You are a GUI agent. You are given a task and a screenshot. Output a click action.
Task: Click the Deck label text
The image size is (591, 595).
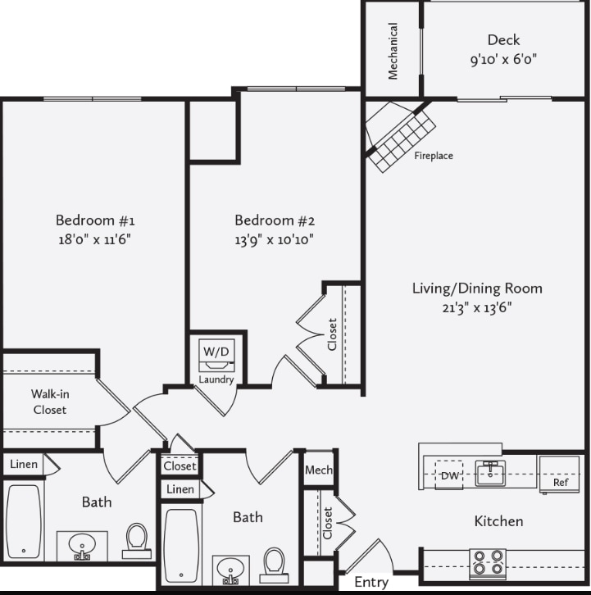point(503,40)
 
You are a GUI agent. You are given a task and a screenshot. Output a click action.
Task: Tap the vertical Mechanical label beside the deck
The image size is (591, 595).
point(393,51)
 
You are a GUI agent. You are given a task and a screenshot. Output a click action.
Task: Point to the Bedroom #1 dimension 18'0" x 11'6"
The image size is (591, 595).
point(94,239)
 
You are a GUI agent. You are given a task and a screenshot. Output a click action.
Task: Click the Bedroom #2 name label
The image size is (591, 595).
point(275,220)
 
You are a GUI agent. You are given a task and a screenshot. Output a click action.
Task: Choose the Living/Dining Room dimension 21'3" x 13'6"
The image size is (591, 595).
point(476,307)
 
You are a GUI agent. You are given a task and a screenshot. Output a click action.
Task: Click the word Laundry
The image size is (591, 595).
point(216,379)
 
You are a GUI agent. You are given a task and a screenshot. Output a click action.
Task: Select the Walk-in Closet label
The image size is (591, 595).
point(50,402)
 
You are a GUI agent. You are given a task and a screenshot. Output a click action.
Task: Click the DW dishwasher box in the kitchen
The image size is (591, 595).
point(449,475)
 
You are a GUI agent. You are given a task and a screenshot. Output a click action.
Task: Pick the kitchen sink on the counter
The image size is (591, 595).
point(490,473)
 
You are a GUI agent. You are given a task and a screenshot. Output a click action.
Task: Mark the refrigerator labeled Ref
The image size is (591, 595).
point(560,475)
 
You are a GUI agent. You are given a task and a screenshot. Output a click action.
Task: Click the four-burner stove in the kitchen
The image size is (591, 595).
point(487,564)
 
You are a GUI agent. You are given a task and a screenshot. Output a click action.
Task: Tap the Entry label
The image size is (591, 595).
point(371,583)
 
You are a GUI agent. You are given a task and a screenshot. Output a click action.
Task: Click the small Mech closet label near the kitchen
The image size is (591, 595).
point(318,470)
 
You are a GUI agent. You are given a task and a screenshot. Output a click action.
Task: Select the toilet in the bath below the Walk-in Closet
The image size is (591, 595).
point(137,540)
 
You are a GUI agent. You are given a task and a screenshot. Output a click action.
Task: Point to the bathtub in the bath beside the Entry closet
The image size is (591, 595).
point(182,545)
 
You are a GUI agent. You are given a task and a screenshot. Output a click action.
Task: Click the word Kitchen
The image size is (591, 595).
point(498,521)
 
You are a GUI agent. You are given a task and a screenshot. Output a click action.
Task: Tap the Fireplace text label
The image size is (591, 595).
point(433,156)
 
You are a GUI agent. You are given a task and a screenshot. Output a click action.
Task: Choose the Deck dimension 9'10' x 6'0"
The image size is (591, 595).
point(503,60)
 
